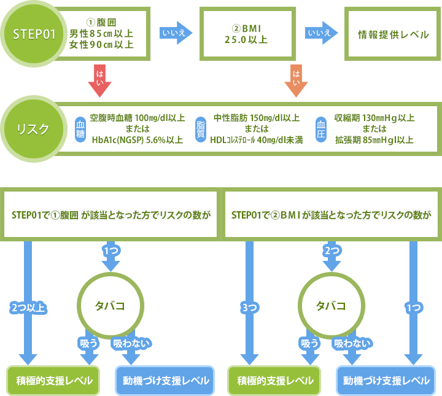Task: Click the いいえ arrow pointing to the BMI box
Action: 174,33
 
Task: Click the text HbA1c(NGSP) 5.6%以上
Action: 137,140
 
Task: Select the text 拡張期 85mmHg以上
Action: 373,140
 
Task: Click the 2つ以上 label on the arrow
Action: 28,308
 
